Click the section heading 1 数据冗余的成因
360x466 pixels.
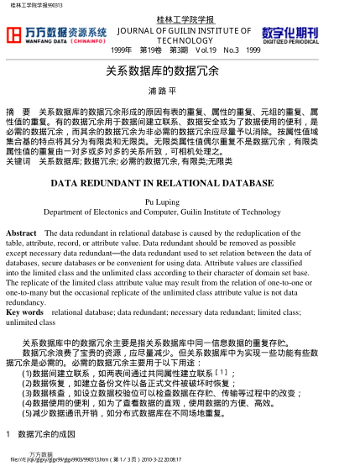41,434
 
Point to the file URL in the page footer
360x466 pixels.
50,460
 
